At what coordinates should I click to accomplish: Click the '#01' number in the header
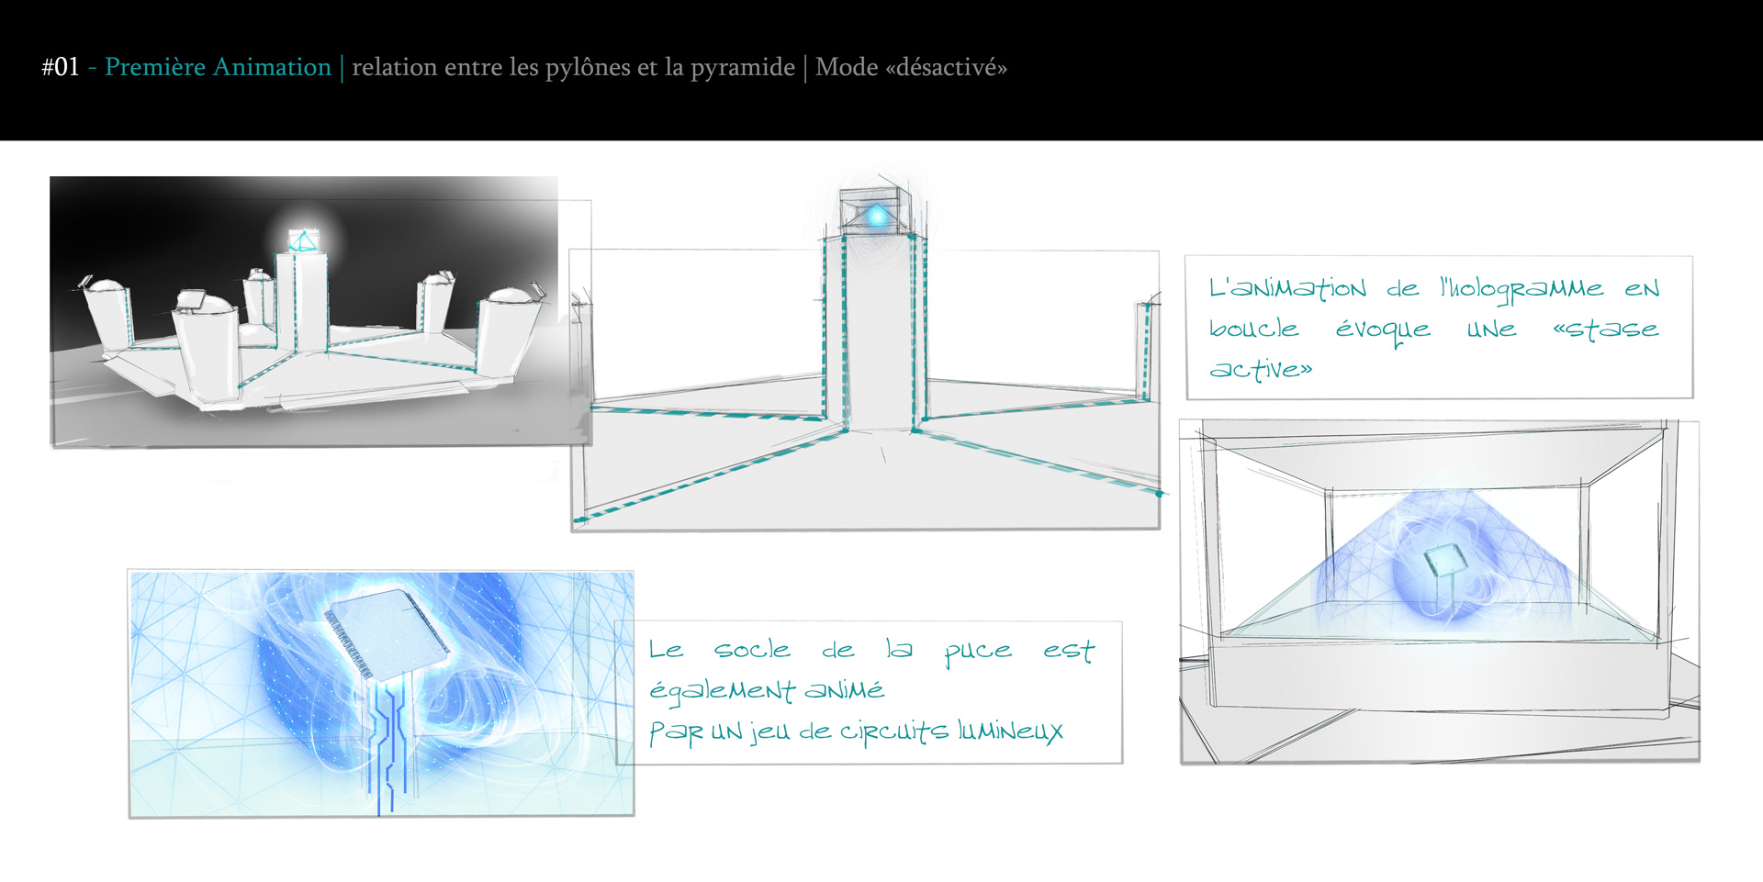click(61, 67)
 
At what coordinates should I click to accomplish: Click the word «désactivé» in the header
click(946, 67)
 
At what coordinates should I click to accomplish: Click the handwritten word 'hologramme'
click(1522, 290)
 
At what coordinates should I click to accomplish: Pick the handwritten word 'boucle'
click(1253, 328)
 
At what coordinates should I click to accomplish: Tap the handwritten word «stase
click(1606, 329)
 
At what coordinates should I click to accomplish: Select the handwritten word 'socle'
click(752, 649)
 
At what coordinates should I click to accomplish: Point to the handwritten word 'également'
click(722, 691)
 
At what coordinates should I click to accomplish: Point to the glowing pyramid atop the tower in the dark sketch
click(302, 240)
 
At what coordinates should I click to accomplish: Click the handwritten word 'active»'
click(1261, 369)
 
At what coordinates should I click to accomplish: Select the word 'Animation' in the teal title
click(272, 67)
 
